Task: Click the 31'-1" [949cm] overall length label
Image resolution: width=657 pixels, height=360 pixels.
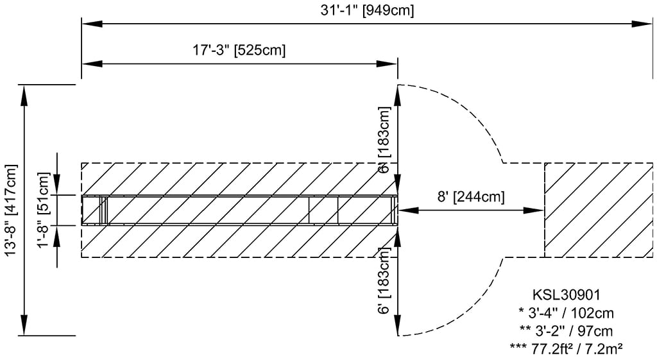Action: [367, 10]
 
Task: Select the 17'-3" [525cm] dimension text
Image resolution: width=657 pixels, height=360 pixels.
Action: [239, 50]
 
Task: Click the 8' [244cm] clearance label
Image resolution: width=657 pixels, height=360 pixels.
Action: [471, 196]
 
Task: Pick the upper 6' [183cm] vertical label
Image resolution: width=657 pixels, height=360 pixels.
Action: [384, 140]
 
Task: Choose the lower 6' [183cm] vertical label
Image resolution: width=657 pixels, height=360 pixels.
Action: [384, 281]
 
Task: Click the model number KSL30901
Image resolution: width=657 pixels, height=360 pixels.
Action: [566, 295]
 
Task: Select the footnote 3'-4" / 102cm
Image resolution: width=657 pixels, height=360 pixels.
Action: [566, 313]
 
